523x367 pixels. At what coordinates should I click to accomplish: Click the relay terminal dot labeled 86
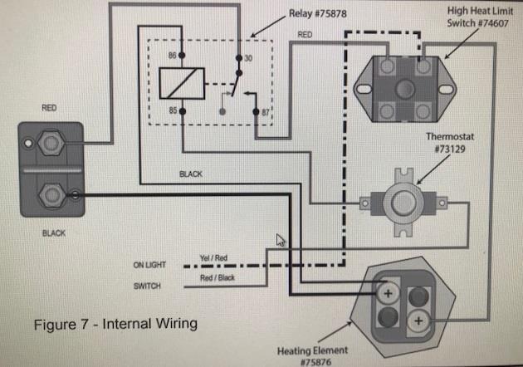click(182, 55)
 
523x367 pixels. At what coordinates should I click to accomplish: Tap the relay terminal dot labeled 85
click(183, 111)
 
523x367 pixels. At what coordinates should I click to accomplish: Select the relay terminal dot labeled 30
click(239, 58)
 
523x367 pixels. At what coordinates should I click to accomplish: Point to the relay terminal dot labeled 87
click(256, 112)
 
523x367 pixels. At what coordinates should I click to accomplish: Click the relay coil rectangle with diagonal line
click(182, 83)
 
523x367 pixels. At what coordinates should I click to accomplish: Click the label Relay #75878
click(317, 13)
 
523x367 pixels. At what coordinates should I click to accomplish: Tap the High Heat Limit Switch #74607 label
click(479, 17)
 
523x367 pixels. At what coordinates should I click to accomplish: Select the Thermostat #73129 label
click(450, 143)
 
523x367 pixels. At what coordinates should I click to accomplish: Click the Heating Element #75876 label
click(312, 356)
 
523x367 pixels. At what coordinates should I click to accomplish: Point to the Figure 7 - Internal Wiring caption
click(115, 324)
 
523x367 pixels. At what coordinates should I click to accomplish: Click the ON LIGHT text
click(149, 265)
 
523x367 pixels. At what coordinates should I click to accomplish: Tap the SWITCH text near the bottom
click(147, 286)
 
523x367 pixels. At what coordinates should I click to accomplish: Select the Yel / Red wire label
click(213, 258)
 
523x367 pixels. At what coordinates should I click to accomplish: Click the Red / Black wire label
click(218, 277)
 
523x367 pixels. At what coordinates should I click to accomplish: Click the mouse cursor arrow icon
click(281, 240)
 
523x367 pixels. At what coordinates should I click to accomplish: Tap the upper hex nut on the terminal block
click(51, 143)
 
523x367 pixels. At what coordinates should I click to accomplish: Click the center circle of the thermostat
click(403, 203)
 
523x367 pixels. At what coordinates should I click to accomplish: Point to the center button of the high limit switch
click(405, 89)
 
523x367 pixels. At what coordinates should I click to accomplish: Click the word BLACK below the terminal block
click(54, 232)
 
